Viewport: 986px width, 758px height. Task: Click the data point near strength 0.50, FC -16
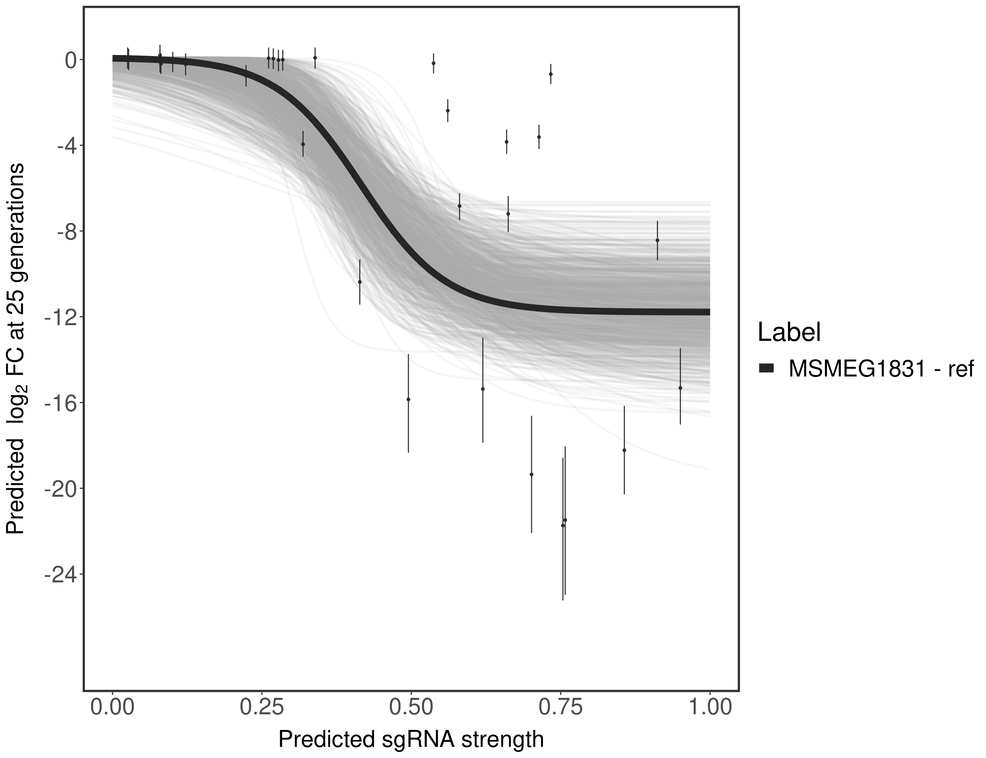(408, 399)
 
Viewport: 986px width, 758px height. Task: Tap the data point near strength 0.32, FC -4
(303, 144)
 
